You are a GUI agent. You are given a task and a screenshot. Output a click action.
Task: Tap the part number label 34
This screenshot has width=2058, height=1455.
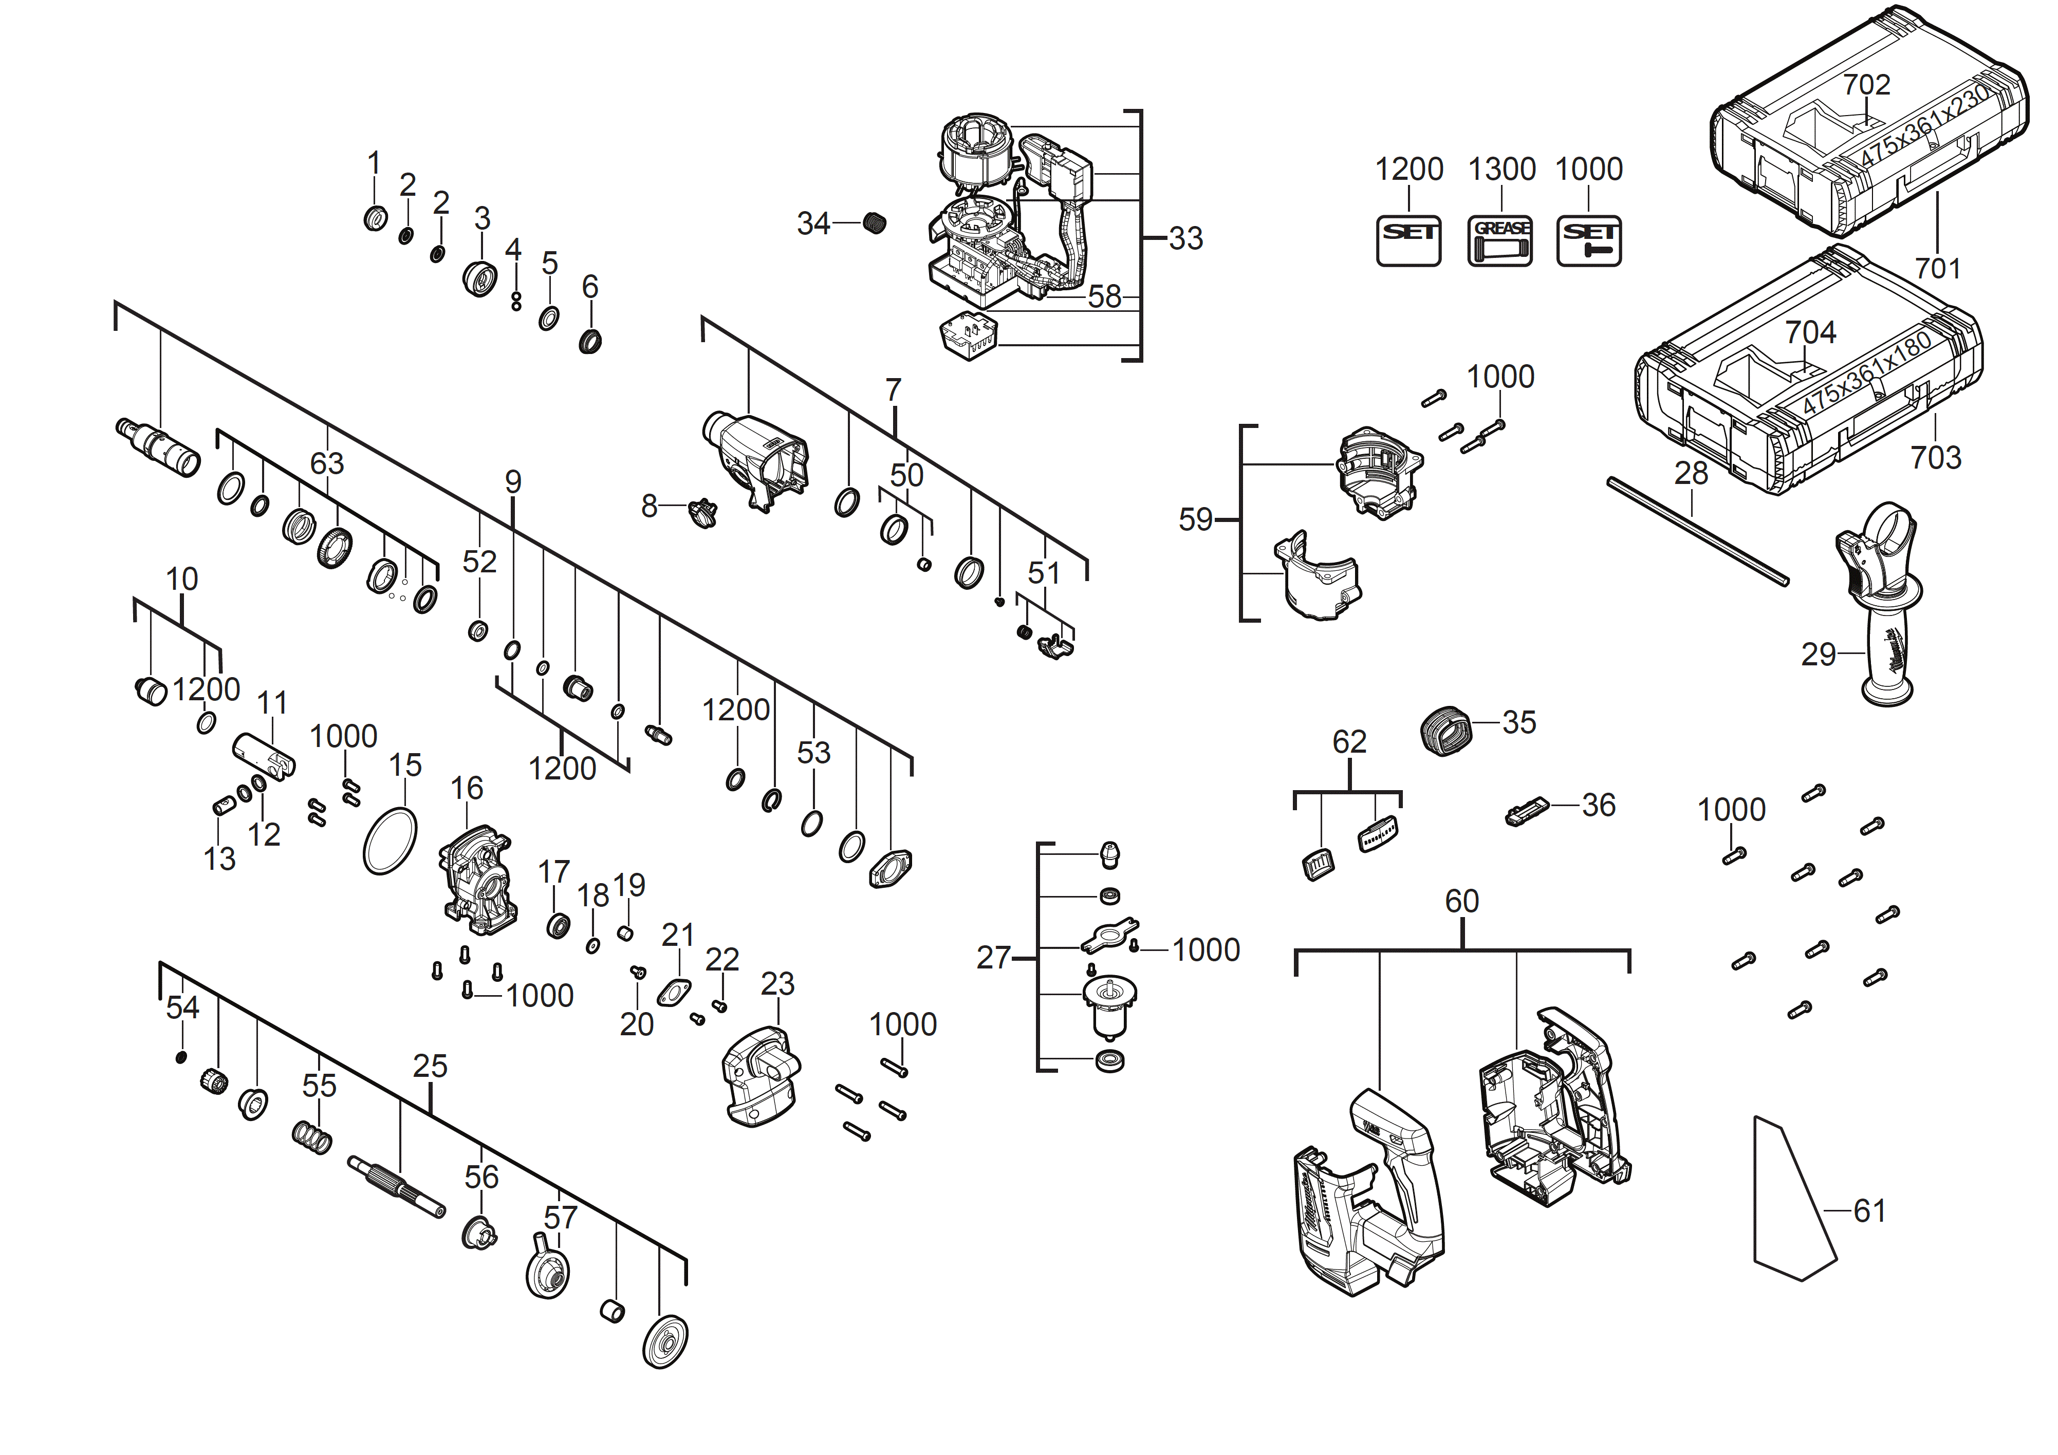click(813, 223)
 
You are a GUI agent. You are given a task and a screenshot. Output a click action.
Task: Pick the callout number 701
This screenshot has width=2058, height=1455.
click(1937, 268)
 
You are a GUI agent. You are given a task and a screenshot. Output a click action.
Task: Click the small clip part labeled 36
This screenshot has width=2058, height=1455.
click(1527, 812)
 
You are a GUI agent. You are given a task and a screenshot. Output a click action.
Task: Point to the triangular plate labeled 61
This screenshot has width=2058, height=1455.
click(1788, 1201)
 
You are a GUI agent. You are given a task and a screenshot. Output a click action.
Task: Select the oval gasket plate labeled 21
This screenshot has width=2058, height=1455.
click(675, 992)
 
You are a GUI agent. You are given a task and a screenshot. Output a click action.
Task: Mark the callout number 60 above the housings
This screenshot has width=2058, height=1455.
click(1461, 901)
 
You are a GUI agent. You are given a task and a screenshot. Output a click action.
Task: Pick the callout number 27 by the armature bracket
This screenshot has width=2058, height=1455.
click(993, 958)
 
